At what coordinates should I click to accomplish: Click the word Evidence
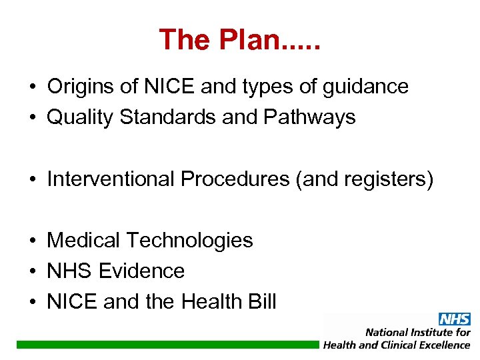coord(141,271)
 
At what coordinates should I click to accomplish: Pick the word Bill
coord(262,302)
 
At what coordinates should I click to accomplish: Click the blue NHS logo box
coord(454,319)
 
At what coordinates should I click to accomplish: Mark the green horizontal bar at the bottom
coord(167,345)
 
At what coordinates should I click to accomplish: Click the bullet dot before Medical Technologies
coord(32,241)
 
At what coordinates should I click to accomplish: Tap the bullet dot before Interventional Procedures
coord(32,179)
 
